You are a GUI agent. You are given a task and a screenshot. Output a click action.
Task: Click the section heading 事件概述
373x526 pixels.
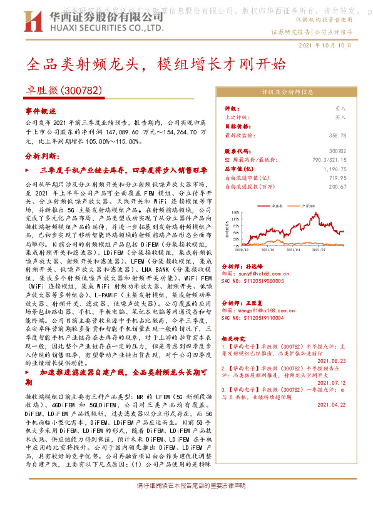[x=41, y=111]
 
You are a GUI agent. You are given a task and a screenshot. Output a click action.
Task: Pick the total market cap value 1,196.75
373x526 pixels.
[x=334, y=169]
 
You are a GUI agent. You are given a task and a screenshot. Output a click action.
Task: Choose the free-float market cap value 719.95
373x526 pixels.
[x=337, y=177]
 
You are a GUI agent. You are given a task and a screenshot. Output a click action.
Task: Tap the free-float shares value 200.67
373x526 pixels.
[x=337, y=186]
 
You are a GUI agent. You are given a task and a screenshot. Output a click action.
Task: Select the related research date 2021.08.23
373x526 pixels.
[x=332, y=360]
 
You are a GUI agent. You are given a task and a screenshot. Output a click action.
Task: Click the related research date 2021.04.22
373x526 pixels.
[x=332, y=404]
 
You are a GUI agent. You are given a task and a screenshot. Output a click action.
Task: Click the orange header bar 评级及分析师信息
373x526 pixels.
[x=287, y=92]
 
